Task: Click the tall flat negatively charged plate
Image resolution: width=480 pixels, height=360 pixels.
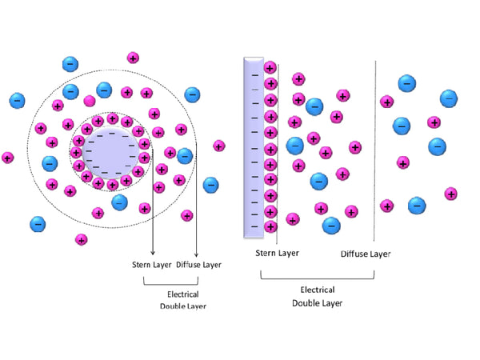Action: point(254,148)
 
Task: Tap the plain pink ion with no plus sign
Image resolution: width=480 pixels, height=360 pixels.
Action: point(90,100)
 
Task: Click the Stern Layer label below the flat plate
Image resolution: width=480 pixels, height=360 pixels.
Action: point(277,254)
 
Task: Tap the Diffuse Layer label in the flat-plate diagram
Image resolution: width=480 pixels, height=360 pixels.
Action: point(366,254)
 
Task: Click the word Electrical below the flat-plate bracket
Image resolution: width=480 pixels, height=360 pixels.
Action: point(317,290)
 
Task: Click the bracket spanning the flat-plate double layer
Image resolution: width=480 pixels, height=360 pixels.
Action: point(318,277)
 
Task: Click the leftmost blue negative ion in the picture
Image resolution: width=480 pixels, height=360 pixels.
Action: point(17,101)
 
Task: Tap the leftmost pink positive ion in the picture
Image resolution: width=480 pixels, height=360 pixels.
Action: point(8,158)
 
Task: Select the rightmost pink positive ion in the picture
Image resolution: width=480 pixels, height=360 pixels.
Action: point(451,194)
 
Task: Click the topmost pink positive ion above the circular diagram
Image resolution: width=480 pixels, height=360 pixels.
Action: point(133,58)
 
